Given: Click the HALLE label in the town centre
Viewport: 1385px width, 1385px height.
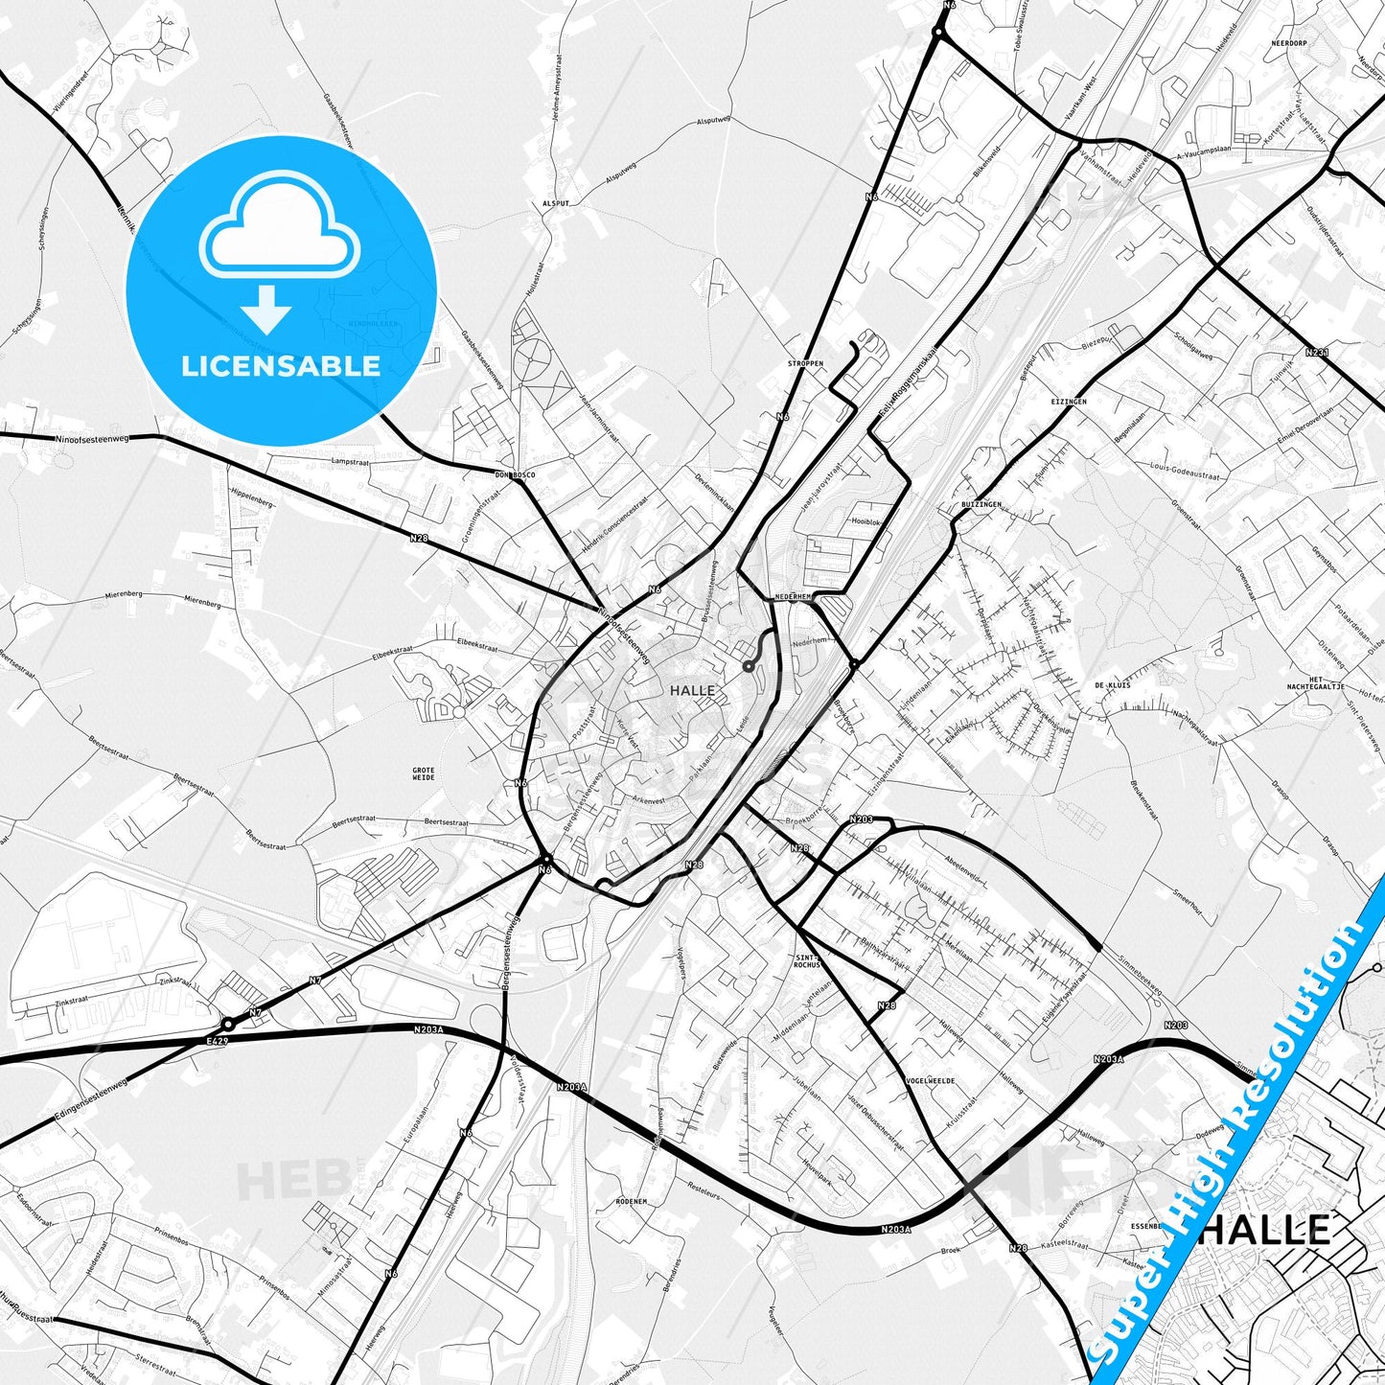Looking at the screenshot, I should pos(692,690).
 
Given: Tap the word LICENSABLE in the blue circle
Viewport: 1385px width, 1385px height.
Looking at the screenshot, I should pos(281,365).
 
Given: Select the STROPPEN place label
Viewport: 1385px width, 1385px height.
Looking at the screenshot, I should pos(805,364).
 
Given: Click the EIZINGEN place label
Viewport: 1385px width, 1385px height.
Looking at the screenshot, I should pos(1068,402).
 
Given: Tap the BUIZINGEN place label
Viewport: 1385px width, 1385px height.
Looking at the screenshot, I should pos(981,504).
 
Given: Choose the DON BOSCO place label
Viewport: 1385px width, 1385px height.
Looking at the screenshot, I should pos(515,475).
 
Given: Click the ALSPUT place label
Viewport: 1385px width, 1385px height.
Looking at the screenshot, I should pos(556,204).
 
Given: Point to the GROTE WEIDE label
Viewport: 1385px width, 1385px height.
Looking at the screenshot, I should pos(423,773).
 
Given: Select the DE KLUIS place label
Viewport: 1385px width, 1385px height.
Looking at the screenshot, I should pos(1112,685).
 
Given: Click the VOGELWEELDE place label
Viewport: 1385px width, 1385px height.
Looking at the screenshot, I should pos(930,1080).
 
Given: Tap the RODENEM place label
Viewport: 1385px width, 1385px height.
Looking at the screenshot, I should pos(632,1201).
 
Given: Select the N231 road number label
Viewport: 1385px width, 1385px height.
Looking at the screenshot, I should pos(1317,353).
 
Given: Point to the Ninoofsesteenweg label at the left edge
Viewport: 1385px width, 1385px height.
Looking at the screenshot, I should pos(92,438).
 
